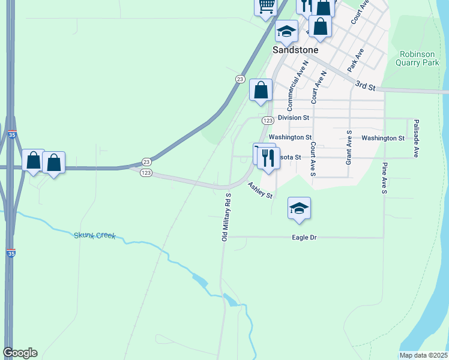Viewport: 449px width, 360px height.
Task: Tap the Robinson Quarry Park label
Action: click(x=420, y=58)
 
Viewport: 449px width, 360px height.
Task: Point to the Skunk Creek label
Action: click(x=94, y=236)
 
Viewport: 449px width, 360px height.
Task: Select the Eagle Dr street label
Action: click(x=304, y=238)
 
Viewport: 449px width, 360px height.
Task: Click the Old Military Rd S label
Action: click(x=226, y=217)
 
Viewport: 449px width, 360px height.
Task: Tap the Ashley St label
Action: click(x=261, y=191)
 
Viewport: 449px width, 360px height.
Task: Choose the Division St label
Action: click(x=294, y=118)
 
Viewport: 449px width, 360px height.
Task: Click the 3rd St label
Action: click(x=365, y=86)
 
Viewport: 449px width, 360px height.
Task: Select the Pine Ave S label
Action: click(x=385, y=178)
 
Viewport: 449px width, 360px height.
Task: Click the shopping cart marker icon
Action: click(x=266, y=7)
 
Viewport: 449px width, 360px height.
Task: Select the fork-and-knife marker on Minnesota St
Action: click(x=268, y=158)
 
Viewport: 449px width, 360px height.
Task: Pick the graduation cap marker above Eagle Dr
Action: click(x=299, y=208)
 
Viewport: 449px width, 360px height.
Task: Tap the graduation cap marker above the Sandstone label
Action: click(x=286, y=31)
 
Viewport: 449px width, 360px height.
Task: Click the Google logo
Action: click(x=20, y=353)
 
